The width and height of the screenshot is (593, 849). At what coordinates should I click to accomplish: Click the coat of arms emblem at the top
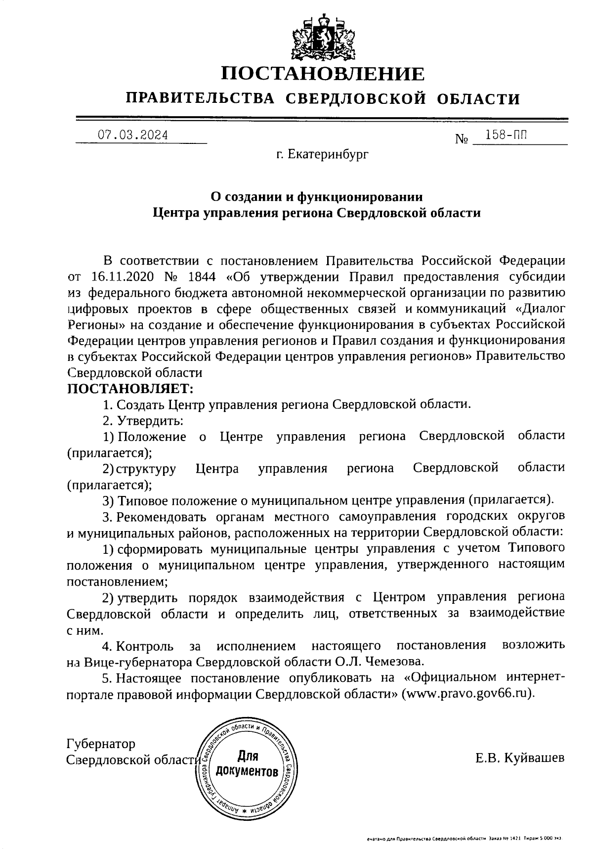322,37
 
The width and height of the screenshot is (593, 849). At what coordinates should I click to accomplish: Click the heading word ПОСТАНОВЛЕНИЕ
322,74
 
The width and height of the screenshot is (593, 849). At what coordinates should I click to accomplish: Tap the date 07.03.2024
132,135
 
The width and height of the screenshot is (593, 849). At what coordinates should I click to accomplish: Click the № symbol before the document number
461,139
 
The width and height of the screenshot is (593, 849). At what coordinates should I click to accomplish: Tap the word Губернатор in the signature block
101,743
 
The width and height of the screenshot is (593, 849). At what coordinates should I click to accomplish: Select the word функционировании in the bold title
359,197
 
